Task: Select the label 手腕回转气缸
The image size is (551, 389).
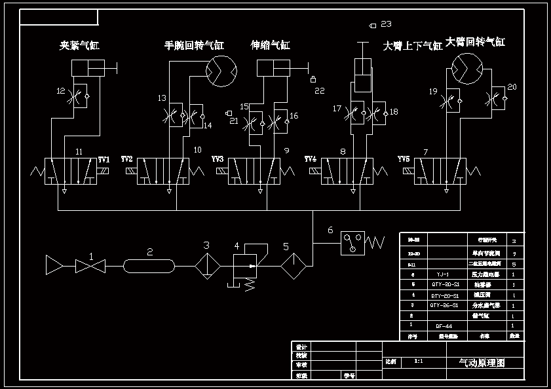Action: click(194, 46)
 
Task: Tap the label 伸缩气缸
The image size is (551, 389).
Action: click(270, 46)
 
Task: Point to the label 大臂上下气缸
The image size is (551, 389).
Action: click(413, 46)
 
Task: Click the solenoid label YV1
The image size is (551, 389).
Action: click(104, 160)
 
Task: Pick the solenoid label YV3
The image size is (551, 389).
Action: click(218, 160)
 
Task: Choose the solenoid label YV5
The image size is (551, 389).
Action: click(404, 160)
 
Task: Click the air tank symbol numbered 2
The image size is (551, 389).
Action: click(149, 266)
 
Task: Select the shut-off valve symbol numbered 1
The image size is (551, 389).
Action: click(90, 266)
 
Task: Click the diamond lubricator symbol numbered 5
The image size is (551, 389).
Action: click(293, 266)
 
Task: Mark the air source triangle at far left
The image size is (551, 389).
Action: click(55, 266)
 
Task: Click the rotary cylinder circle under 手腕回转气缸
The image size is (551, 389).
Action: click(221, 70)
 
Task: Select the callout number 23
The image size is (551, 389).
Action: click(386, 24)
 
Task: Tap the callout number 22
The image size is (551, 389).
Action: click(320, 90)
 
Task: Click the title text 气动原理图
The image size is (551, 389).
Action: click(482, 362)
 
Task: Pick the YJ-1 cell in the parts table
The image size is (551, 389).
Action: click(440, 274)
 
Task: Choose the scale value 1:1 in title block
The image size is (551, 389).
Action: click(419, 361)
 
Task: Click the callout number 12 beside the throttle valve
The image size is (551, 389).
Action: click(61, 91)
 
